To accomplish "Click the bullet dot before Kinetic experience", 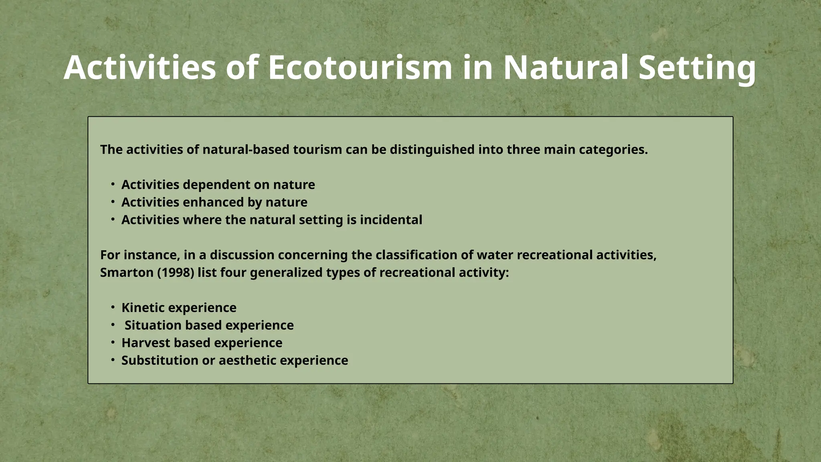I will pos(113,308).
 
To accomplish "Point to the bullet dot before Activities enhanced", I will pos(113,202).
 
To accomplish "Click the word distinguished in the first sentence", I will pos(432,150).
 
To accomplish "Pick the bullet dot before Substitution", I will pos(113,361).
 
